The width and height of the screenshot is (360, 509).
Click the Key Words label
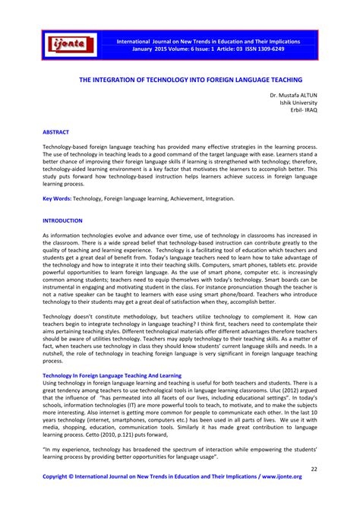click(x=56, y=198)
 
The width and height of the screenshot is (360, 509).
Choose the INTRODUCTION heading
click(x=62, y=220)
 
